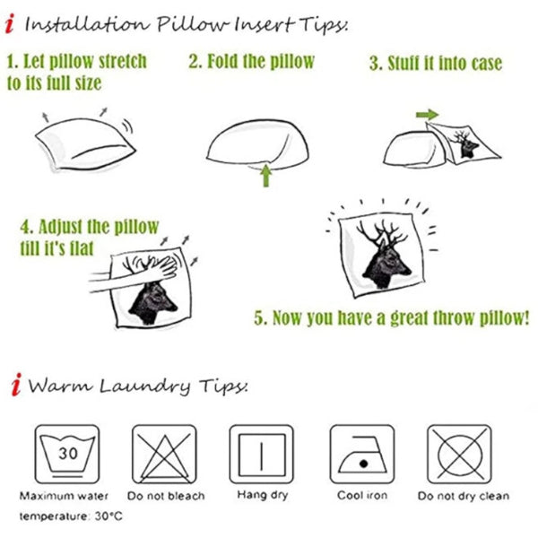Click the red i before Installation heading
tap(10, 23)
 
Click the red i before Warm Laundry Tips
tap(16, 385)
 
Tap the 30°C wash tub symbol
tap(67, 454)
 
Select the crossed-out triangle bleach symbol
tap(164, 454)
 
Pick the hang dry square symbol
tap(262, 454)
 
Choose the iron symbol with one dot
tap(362, 454)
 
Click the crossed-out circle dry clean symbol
tap(459, 454)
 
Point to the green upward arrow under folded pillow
tap(266, 176)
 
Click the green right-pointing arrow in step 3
tap(427, 114)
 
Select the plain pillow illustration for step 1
tap(85, 143)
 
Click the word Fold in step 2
tap(223, 61)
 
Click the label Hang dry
tap(263, 495)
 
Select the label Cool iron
tap(362, 495)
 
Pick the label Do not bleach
tap(166, 496)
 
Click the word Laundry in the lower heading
tap(144, 386)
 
